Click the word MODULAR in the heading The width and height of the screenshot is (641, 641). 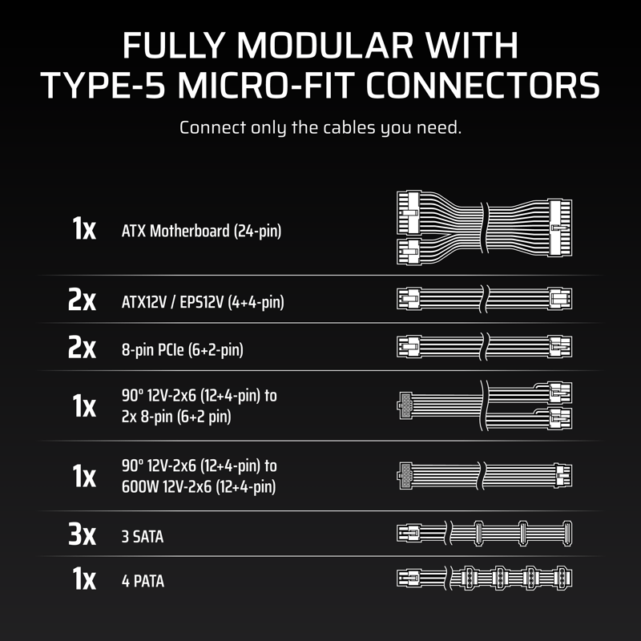tap(325, 46)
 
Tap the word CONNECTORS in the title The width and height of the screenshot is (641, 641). tap(482, 86)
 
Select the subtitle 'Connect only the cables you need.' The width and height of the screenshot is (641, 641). tap(320, 128)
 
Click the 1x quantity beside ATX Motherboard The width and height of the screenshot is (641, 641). tap(84, 228)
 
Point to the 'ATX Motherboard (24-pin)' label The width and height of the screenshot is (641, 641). tap(202, 231)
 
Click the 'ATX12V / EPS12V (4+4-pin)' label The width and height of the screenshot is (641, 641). tap(203, 303)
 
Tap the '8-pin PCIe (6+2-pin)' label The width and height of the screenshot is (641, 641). tap(183, 350)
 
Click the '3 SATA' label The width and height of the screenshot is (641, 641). tap(143, 537)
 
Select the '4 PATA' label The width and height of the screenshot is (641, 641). tap(143, 582)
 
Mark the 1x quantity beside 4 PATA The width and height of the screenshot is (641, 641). tap(84, 579)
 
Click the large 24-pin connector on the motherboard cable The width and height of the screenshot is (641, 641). tap(559, 228)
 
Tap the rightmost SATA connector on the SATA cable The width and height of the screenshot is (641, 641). tap(567, 534)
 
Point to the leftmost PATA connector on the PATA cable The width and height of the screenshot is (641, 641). tap(468, 578)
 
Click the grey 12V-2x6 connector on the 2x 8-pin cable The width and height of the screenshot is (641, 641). tap(405, 405)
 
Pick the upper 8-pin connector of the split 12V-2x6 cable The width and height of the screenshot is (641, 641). tap(559, 393)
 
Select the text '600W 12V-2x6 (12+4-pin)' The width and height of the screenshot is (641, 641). tap(199, 487)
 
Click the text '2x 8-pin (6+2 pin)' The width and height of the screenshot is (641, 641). tap(176, 417)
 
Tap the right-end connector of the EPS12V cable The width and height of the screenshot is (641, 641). tap(560, 299)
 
